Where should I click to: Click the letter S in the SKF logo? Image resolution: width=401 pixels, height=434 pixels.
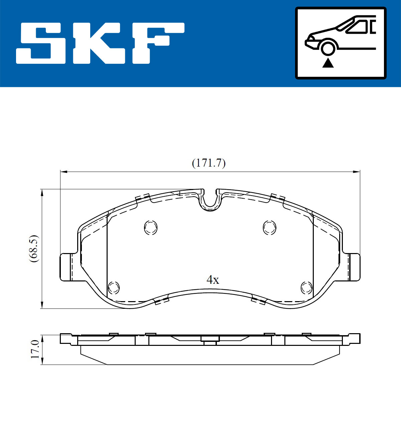click(x=41, y=43)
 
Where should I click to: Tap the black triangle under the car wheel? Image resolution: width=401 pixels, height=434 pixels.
click(x=328, y=63)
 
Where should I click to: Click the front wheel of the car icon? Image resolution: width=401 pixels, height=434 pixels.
click(x=328, y=47)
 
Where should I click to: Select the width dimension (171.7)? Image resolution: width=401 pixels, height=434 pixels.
click(x=209, y=163)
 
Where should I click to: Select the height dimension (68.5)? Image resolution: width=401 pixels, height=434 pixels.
click(x=34, y=248)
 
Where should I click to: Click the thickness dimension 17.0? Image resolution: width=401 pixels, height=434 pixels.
click(x=35, y=349)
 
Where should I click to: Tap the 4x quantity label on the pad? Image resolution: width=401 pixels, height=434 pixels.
click(x=213, y=279)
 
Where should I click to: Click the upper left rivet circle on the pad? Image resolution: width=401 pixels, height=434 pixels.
click(x=151, y=228)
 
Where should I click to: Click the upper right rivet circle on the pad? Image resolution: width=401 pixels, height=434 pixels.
click(x=269, y=228)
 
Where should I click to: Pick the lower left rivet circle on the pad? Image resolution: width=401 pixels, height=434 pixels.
click(x=114, y=287)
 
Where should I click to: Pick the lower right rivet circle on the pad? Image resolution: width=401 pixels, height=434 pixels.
click(x=306, y=287)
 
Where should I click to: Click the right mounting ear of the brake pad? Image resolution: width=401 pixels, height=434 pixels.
click(x=354, y=267)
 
